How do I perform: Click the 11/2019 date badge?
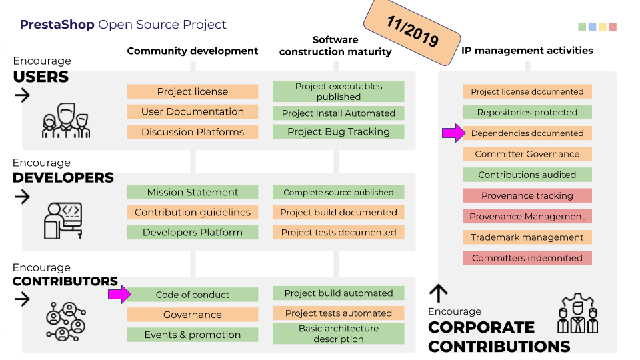tap(413, 31)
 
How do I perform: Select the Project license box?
tap(193, 92)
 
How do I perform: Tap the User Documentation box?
tap(193, 112)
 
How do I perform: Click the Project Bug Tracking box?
tap(339, 132)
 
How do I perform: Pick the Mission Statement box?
tap(193, 192)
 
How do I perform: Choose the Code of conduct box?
tap(193, 295)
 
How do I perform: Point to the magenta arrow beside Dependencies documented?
tap(453, 133)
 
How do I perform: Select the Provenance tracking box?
tap(527, 196)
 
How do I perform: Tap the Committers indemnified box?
tap(527, 258)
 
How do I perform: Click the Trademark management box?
tap(527, 237)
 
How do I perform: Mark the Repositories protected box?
tap(527, 113)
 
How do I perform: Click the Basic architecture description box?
tap(339, 334)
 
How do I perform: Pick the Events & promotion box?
tap(193, 335)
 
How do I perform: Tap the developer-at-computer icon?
tap(63, 220)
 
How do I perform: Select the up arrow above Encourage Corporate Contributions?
tap(438, 293)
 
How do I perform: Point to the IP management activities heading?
tap(527, 51)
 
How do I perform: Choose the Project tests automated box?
tap(339, 313)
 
